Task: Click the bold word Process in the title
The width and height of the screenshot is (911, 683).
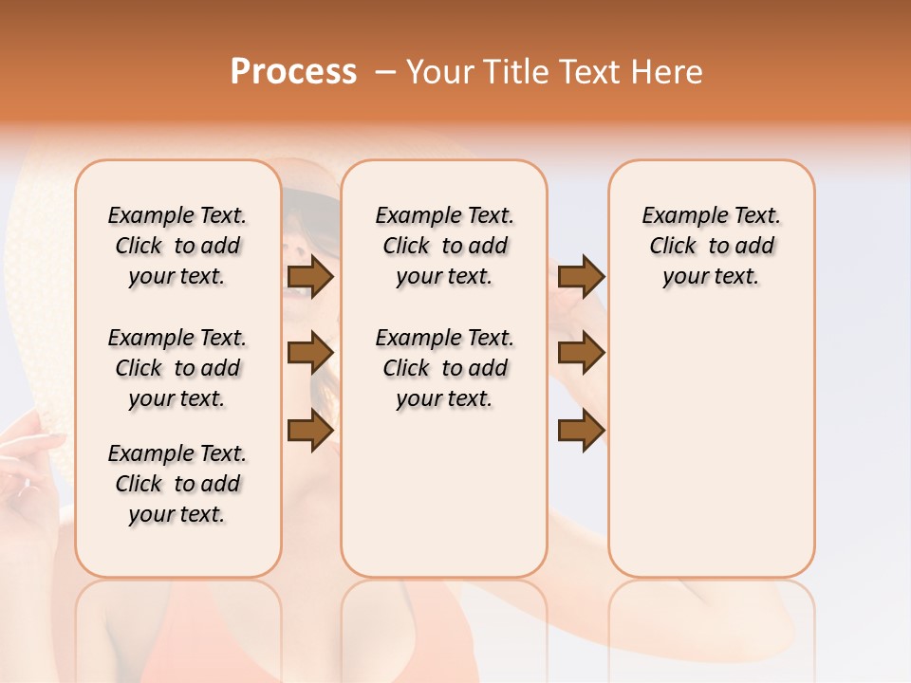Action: [x=293, y=72]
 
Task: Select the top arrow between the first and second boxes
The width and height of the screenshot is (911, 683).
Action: [x=309, y=276]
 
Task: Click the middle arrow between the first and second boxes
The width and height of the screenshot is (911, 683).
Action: [x=309, y=353]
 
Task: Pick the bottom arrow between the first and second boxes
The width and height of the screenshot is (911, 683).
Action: [x=309, y=430]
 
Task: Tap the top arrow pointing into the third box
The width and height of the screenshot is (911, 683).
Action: [x=581, y=276]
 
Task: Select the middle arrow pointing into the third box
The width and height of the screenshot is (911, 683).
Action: [x=581, y=353]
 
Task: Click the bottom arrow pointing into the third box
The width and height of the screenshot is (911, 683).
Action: [x=581, y=430]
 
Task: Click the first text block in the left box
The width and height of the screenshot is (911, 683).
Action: [x=177, y=246]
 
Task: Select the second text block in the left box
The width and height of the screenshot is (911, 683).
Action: [x=177, y=368]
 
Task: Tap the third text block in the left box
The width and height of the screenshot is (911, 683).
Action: [x=177, y=484]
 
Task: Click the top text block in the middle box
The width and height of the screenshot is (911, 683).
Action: [x=444, y=246]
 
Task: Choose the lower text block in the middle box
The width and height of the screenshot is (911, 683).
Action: [x=444, y=368]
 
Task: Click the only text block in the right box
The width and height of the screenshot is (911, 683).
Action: [x=711, y=246]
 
